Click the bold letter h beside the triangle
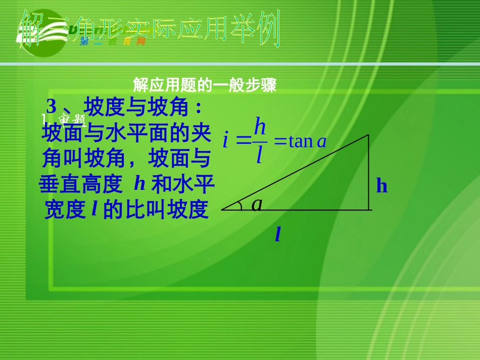tap(381, 186)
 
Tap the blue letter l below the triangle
tap(278, 234)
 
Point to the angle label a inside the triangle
tap(258, 203)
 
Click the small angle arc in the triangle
tap(240, 204)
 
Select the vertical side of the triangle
tap(368, 172)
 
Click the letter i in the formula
tap(226, 140)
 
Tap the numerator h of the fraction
tap(260, 126)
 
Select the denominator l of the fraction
tap(259, 155)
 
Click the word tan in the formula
tap(301, 141)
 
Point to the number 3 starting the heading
tap(51, 107)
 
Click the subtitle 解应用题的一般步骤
tap(204, 85)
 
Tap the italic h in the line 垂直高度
tap(139, 184)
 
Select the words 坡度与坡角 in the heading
tap(136, 107)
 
